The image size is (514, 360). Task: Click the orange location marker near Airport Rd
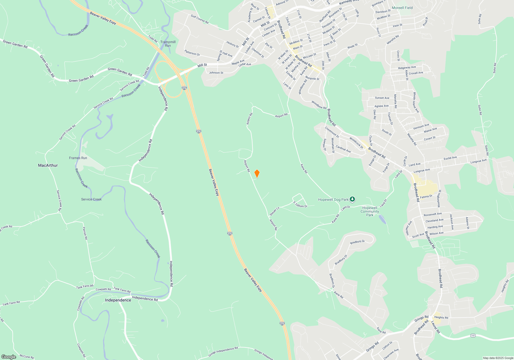tap(257, 174)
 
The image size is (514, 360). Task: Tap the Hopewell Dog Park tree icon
tap(352, 199)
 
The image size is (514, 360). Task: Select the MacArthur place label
tap(48, 165)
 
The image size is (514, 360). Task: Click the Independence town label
tap(118, 300)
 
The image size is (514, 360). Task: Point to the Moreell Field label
tap(402, 8)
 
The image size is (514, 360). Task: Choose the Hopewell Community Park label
tap(370, 211)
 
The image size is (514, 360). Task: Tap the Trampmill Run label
tap(168, 44)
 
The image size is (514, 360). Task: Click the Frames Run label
tap(78, 158)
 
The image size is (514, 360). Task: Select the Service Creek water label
tap(91, 199)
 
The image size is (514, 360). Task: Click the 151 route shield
tap(473, 335)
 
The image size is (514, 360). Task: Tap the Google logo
tap(9, 357)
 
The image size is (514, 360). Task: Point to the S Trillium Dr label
tap(300, 204)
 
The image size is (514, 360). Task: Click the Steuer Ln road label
tap(274, 211)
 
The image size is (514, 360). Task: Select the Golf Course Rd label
tap(199, 19)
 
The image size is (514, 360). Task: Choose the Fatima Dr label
tap(426, 196)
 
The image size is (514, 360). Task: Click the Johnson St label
tap(216, 73)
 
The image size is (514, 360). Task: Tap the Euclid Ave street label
tap(450, 158)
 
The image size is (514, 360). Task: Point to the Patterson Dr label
tap(192, 53)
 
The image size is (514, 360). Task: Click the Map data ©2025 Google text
tap(498, 358)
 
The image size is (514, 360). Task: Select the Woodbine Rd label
tap(319, 105)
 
